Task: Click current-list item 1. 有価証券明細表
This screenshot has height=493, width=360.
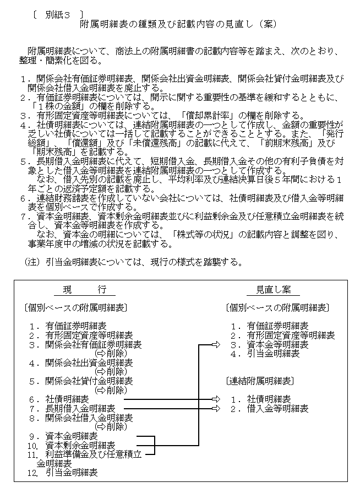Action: (x=75, y=326)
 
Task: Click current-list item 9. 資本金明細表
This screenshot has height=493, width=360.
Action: (x=71, y=435)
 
